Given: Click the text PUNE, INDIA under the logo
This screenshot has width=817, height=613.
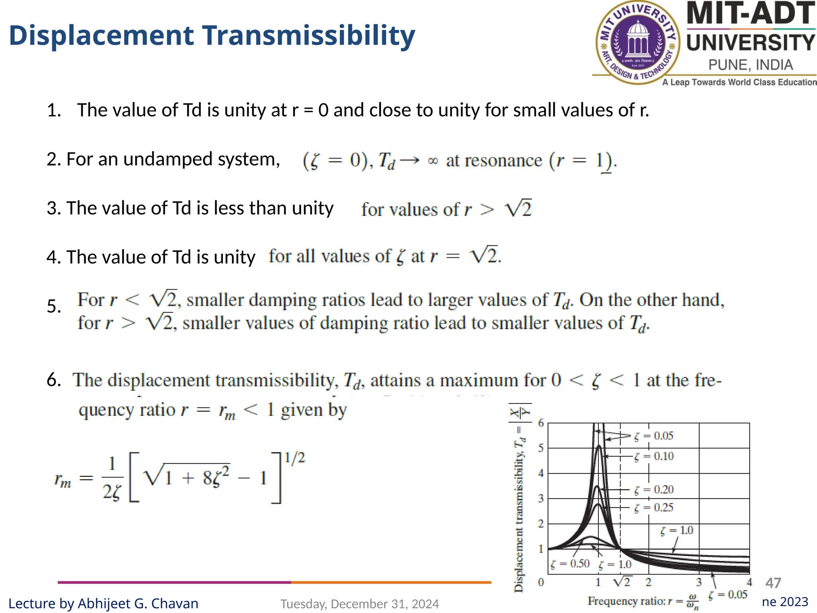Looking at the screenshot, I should coord(750,65).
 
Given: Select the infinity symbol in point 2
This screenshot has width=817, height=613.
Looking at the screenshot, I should coord(432,161).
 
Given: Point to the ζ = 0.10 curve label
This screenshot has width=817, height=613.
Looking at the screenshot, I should coord(654,456).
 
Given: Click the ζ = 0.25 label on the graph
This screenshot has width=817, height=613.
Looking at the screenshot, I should coord(654,508).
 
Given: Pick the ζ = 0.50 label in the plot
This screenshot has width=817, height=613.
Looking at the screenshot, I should coord(570,564).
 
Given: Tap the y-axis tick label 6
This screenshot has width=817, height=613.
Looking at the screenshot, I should coord(541,423).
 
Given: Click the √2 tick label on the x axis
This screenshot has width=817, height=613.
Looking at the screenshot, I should coord(622,582).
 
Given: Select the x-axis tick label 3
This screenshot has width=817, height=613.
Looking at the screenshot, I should coord(699,582).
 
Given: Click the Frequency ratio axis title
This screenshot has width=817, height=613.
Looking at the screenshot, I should coord(643,601).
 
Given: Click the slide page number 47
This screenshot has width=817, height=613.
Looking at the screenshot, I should coord(773,583).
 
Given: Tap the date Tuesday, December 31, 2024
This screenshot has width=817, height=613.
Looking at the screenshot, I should coord(359,604).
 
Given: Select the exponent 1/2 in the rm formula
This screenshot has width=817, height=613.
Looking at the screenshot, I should coord(294,457).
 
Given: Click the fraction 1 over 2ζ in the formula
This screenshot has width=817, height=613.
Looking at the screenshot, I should coord(112,478).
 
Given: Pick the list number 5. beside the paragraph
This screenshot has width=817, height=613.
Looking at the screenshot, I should coord(54,306).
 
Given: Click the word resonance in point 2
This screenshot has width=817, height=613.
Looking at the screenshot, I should coord(494,161).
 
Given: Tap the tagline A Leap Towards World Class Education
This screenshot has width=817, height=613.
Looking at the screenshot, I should coord(739,82).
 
